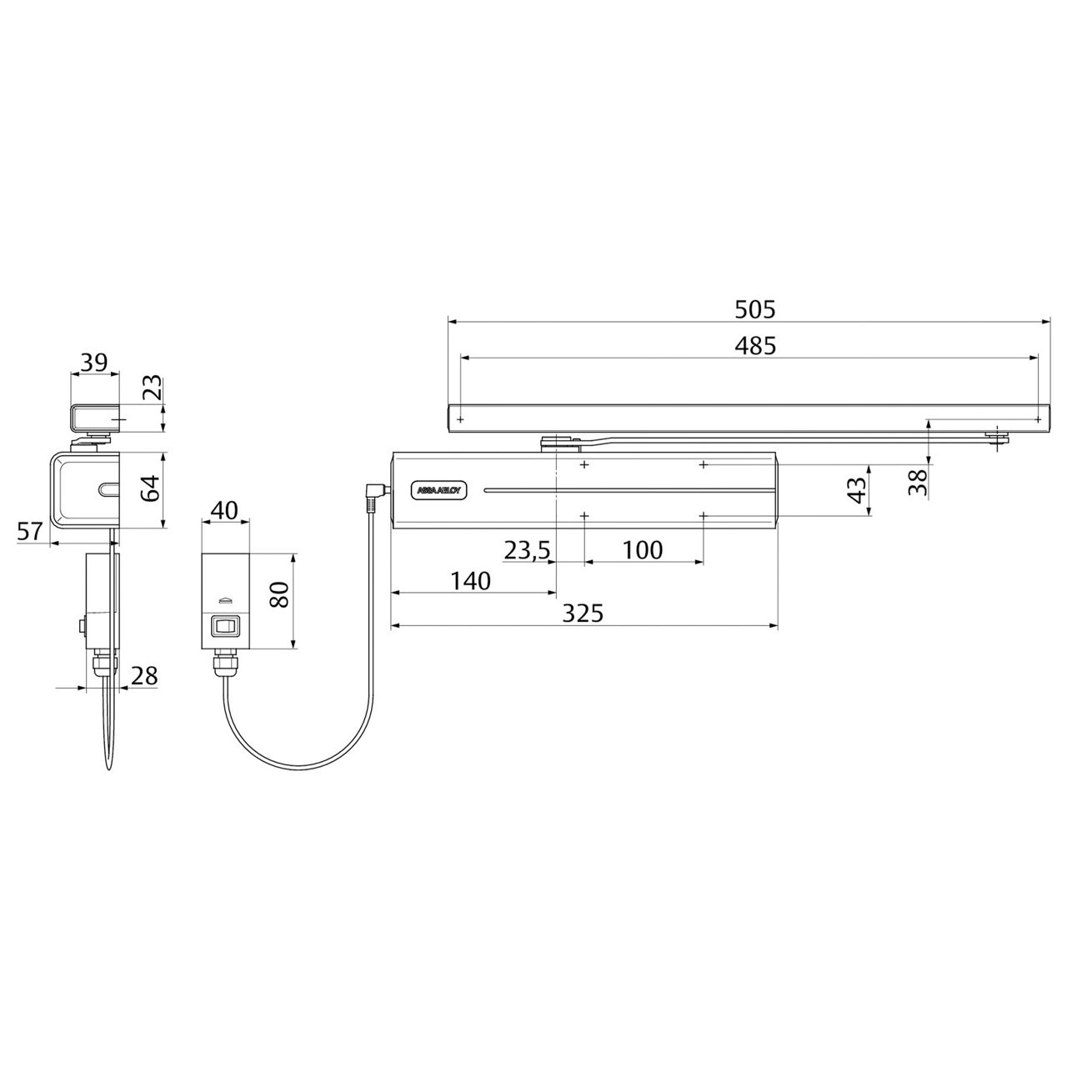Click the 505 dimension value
pyautogui.click(x=754, y=309)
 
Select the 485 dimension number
pyautogui.click(x=754, y=345)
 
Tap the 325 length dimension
pyautogui.click(x=583, y=613)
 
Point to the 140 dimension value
pyautogui.click(x=470, y=581)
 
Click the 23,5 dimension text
pyautogui.click(x=527, y=550)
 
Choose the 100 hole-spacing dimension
pyautogui.click(x=643, y=550)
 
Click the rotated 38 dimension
pyautogui.click(x=918, y=483)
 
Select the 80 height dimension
pyautogui.click(x=280, y=594)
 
